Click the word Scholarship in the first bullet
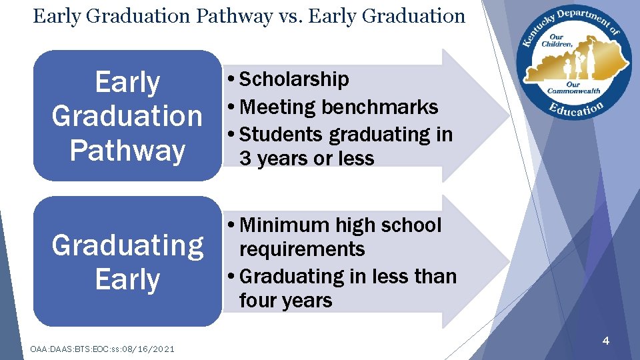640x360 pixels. pos(293,79)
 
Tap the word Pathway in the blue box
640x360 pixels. pos(127,150)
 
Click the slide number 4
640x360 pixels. pos(605,341)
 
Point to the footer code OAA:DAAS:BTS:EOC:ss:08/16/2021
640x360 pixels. pos(103,349)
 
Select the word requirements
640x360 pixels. pos(302,249)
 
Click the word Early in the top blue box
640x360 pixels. pos(127,83)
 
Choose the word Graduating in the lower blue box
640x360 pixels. pos(127,245)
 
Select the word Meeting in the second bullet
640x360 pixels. pos(279,107)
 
